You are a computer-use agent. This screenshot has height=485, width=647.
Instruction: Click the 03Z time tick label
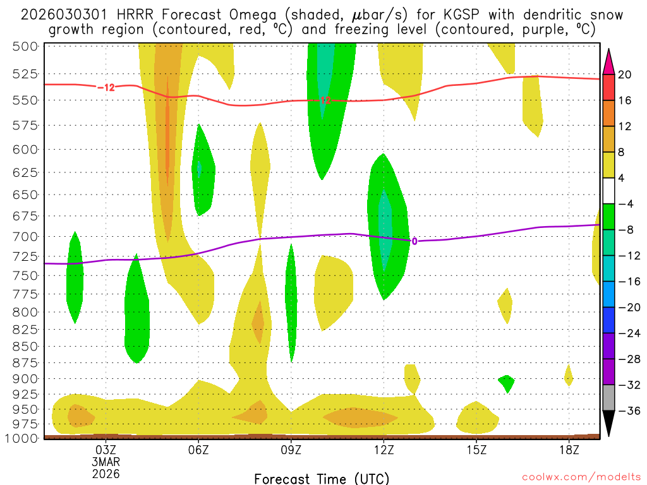coord(106,450)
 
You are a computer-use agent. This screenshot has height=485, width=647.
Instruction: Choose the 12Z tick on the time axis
coord(384,450)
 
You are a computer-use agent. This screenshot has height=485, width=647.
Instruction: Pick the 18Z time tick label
coord(569,450)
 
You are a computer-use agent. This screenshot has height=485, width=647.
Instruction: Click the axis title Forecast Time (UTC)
coord(322,478)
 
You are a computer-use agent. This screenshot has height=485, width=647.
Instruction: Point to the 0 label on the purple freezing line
coord(414,241)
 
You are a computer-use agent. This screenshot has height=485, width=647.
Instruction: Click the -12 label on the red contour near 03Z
coord(106,87)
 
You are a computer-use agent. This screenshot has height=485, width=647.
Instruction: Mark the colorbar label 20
coord(625,74)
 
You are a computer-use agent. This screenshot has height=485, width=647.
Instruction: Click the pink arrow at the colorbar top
coord(609,61)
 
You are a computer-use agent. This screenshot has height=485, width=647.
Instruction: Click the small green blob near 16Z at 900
coord(506,381)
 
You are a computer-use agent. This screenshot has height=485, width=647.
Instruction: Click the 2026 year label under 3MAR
coord(106,473)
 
